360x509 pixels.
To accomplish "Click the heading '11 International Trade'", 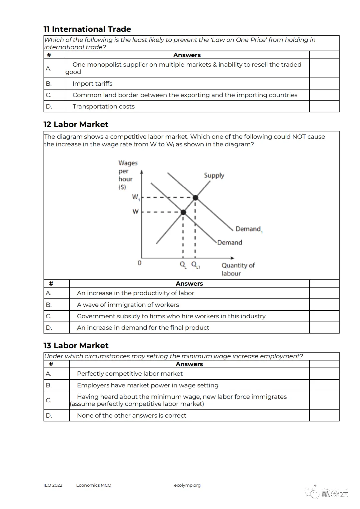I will pos(87,29).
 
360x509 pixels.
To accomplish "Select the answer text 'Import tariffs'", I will pos(92,84).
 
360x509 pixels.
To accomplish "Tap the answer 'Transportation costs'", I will pos(103,106).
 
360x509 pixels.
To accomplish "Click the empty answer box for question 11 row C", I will pos(324,95).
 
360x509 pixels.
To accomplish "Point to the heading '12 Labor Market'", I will pos(76,124).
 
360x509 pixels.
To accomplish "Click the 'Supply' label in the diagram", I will pos(214,175).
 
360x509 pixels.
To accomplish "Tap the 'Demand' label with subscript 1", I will pos(249,229).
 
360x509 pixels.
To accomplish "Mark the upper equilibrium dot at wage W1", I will pos(196,198).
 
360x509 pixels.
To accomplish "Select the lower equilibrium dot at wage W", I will pos(183,212).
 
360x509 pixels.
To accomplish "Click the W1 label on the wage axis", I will pos(136,197).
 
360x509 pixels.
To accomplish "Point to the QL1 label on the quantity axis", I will pos(196,265).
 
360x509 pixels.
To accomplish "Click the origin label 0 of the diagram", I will pos(139,263).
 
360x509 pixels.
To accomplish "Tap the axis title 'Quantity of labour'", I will pos(238,269).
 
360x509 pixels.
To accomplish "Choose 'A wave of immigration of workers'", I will pos(128,305).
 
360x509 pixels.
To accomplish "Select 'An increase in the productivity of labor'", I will pos(135,293).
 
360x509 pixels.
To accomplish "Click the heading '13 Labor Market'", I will pos(76,345).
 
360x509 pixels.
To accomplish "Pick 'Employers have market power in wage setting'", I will pos(148,385).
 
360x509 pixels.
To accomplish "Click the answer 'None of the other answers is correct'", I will pos(131,415).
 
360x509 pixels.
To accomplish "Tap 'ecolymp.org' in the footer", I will pos(187,485).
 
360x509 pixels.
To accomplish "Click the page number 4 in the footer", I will pos(315,485).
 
